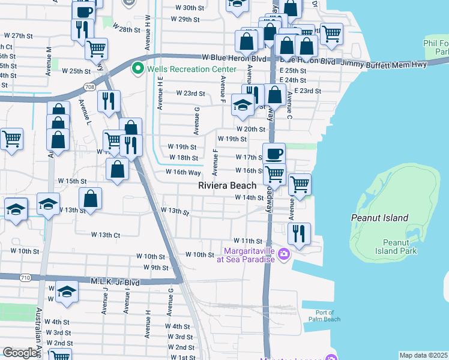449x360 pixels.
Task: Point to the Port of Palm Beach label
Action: (325, 316)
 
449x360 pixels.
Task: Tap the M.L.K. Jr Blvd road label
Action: (115, 281)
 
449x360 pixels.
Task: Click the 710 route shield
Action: (25, 277)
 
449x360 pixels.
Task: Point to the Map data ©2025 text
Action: (423, 355)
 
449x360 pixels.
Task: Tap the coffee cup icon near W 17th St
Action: (274, 153)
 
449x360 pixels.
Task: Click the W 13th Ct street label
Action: (106, 235)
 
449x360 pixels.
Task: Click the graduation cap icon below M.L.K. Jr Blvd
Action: (67, 291)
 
